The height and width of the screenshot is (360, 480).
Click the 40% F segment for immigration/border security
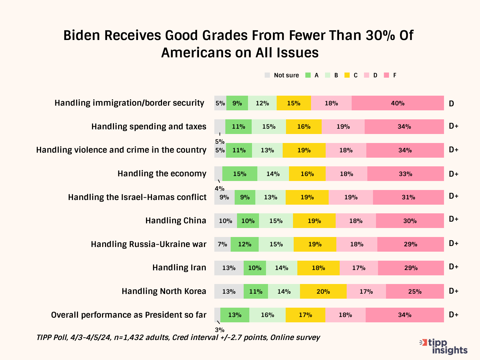(398, 103)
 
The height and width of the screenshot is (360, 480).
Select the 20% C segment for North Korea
(323, 291)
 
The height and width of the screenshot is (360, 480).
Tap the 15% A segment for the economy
(240, 174)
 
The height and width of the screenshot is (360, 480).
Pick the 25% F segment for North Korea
(415, 291)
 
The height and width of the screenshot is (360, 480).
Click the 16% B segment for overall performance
(267, 315)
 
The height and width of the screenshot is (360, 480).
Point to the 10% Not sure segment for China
(225, 221)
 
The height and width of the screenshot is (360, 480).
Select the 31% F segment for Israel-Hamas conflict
(408, 197)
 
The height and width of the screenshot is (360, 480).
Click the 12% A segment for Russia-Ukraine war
(244, 244)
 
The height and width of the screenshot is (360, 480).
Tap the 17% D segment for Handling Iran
(359, 268)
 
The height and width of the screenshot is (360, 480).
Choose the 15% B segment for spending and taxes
(269, 127)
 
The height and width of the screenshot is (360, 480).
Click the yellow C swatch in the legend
(347, 75)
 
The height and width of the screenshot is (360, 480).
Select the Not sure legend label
(286, 75)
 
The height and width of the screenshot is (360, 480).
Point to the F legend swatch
(387, 75)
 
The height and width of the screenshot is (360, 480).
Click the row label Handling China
(176, 221)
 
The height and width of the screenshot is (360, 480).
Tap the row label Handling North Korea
(164, 291)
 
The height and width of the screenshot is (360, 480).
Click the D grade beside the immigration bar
(451, 103)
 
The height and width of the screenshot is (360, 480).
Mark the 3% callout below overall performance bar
(220, 330)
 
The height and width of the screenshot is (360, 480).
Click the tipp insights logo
(444, 347)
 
